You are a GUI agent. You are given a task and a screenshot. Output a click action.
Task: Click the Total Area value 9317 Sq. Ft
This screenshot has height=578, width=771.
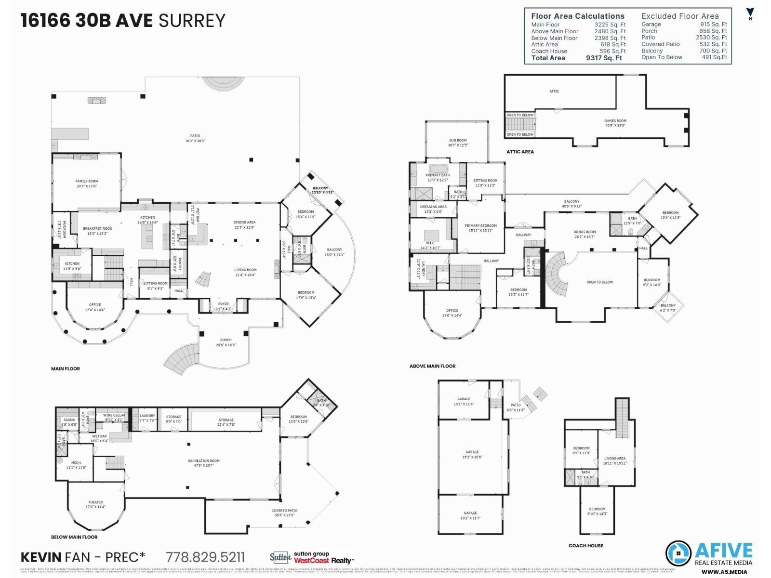pos(604,58)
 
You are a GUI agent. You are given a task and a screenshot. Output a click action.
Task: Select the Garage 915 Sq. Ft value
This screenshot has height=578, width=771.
pos(713,24)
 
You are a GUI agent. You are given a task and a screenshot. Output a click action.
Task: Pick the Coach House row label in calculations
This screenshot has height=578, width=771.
pos(549,51)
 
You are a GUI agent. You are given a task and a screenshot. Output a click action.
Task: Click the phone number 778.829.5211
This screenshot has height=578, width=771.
pos(205,557)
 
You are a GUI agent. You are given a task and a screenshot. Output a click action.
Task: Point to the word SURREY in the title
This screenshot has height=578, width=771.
pos(192,21)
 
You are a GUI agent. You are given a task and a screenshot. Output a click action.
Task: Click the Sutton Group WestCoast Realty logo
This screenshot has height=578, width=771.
pos(311,558)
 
